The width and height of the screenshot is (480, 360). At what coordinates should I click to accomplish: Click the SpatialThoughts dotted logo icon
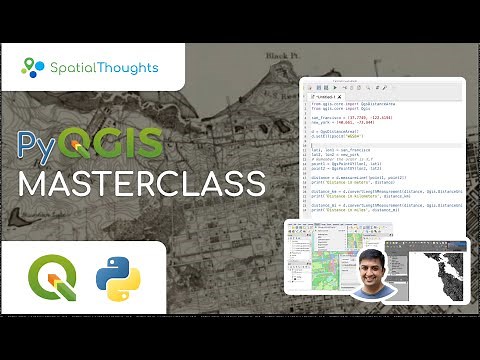[33, 68]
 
